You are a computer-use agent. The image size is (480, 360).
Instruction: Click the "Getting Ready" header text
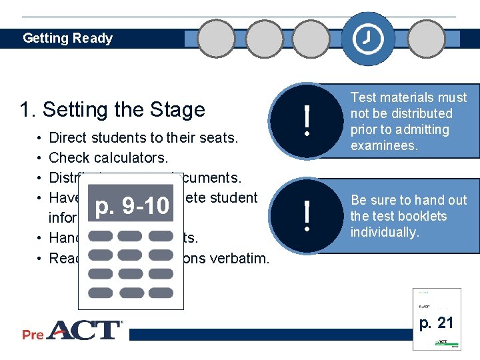coord(67,38)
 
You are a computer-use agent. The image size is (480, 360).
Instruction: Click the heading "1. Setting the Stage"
coord(113,109)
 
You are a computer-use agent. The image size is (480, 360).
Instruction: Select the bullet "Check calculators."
coord(109,158)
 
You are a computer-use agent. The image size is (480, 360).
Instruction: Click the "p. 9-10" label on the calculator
coord(132,207)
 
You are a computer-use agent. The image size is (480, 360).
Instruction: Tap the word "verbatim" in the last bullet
coord(239,258)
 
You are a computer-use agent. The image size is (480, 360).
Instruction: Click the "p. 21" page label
coord(437,323)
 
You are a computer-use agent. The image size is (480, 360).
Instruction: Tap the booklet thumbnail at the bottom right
coord(437,318)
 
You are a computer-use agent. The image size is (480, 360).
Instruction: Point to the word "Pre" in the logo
coord(33,334)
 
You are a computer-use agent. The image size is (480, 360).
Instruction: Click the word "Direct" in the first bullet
coord(70,138)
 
